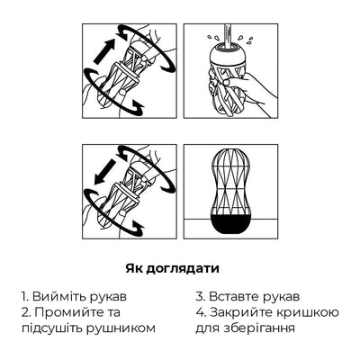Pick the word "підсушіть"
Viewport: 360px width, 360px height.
click(56, 328)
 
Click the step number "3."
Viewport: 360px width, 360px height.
click(202, 295)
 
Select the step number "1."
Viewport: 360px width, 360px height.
click(26, 295)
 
